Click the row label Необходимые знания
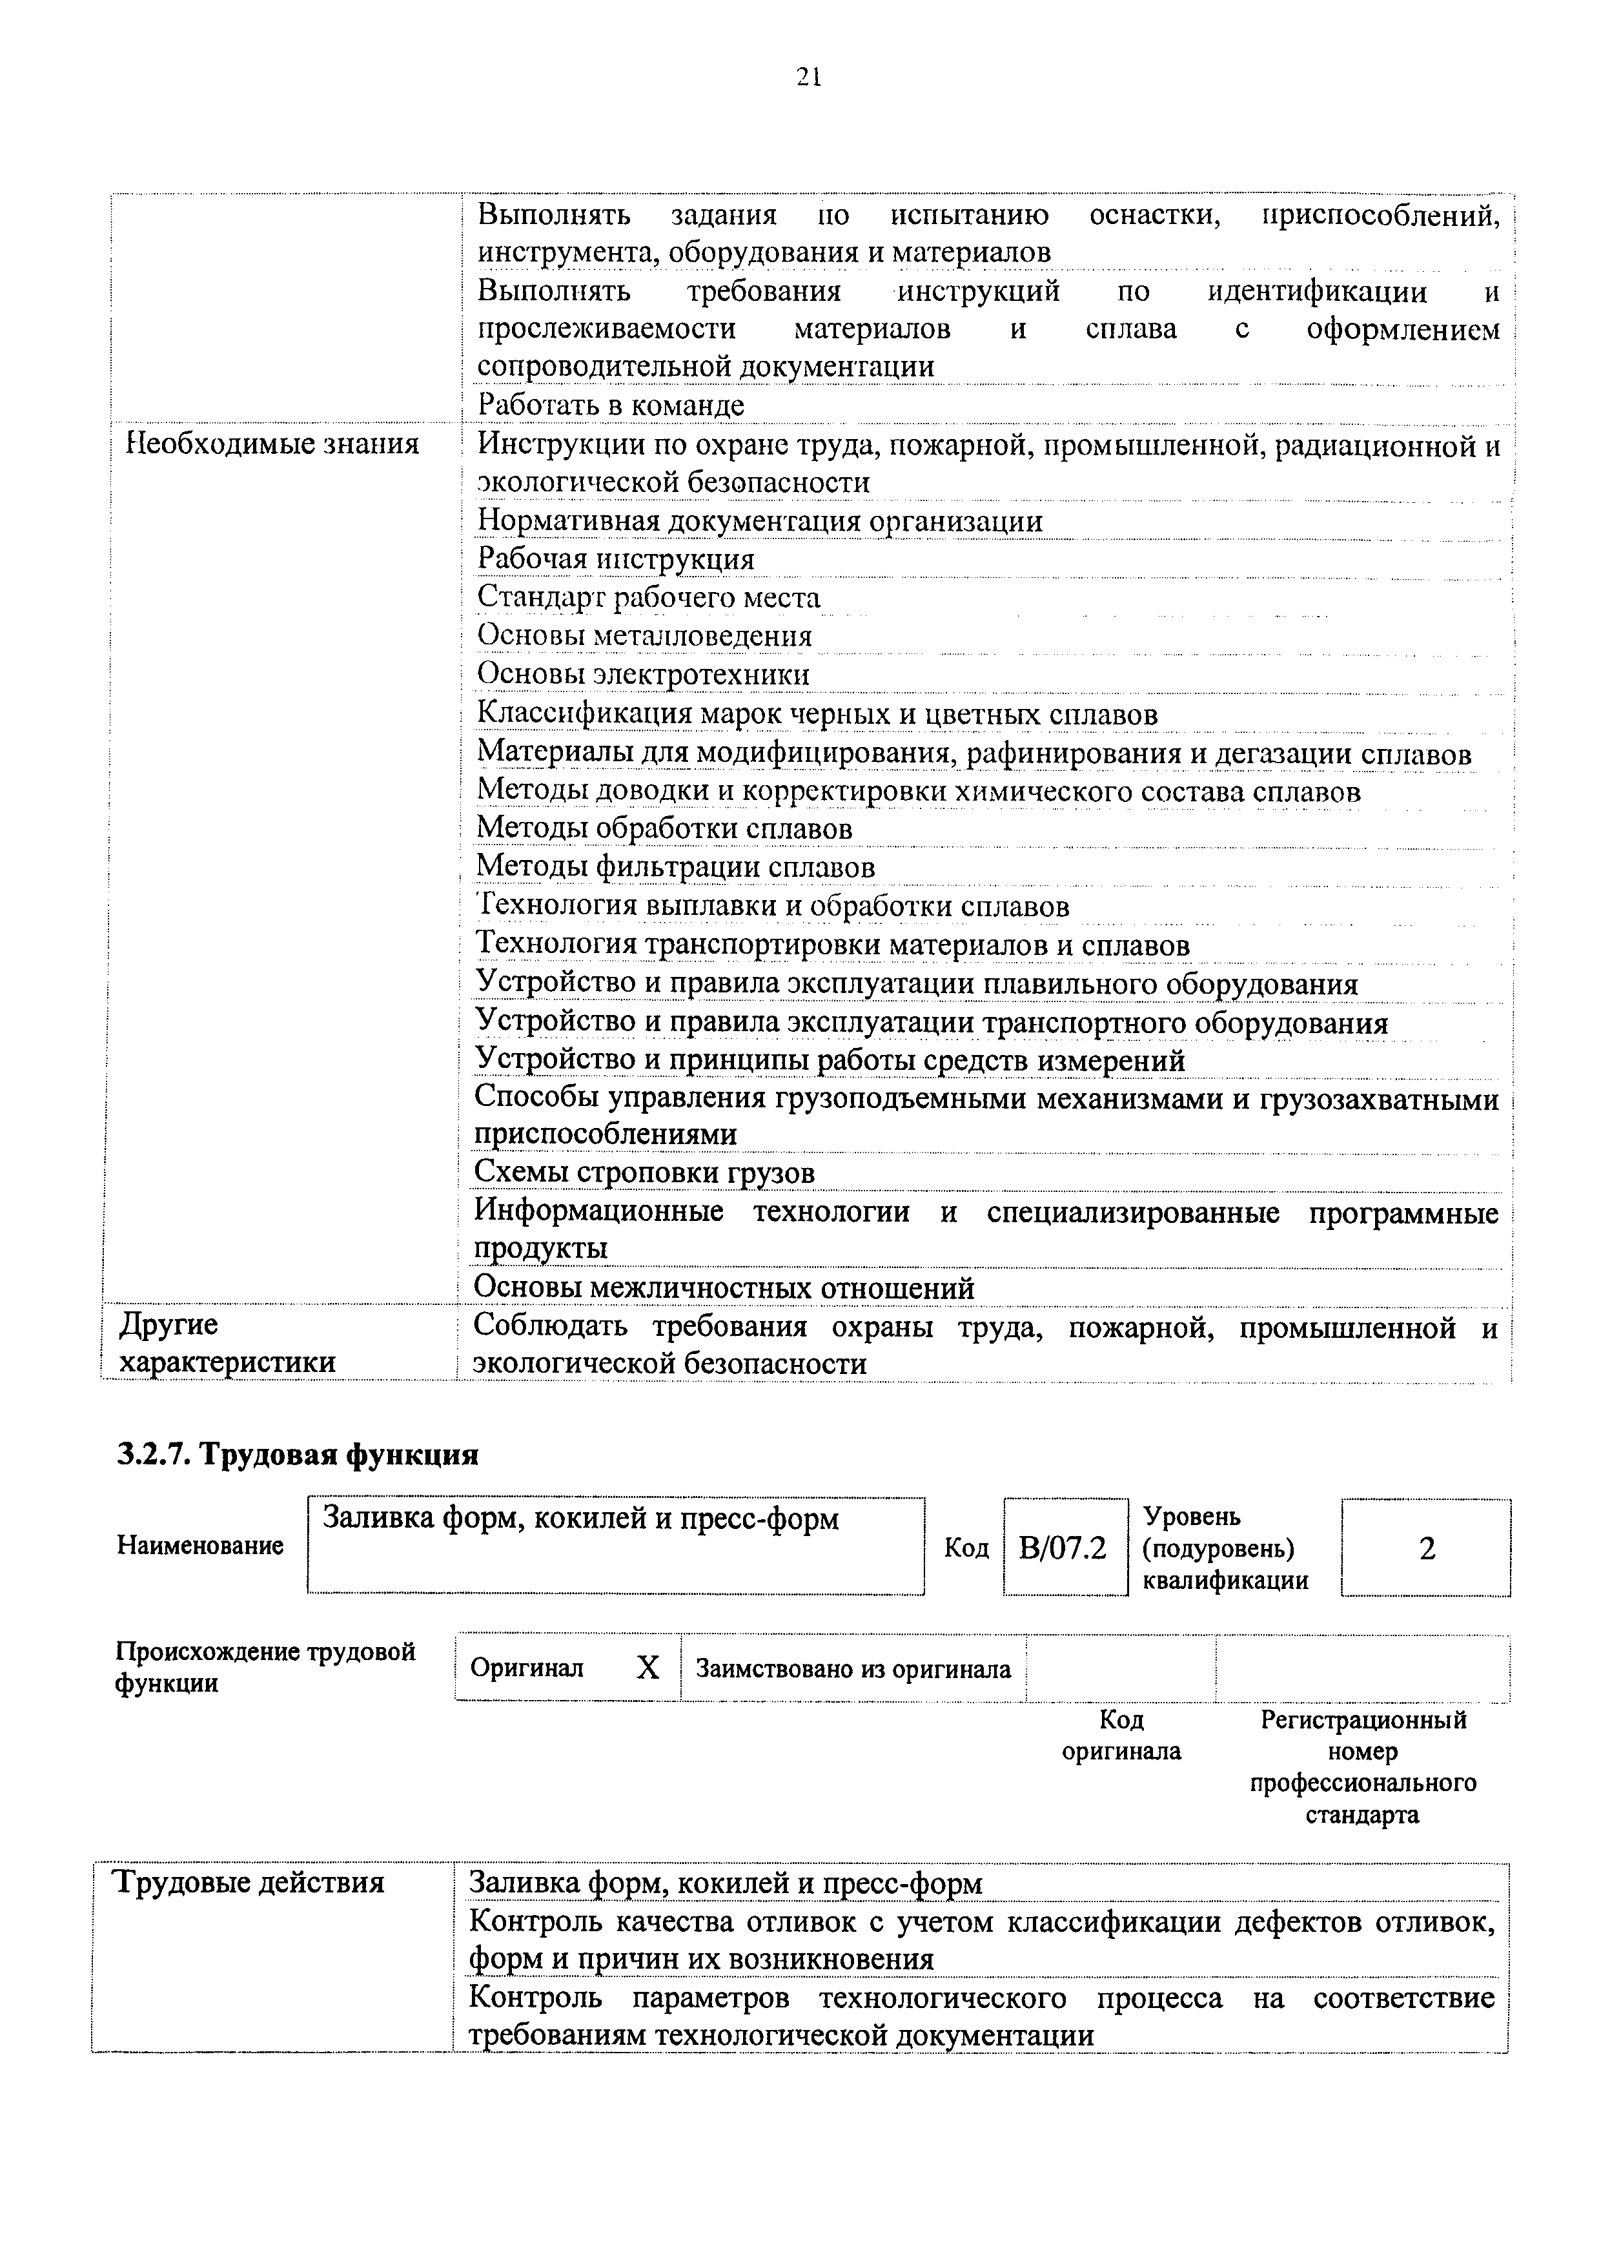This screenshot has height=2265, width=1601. coord(273,444)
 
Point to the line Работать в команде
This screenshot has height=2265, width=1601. coord(611,404)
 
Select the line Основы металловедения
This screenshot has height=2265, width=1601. coord(644,636)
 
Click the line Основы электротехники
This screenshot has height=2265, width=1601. coord(643,675)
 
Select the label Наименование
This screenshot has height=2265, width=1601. coord(200,1545)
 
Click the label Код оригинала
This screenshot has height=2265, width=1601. coord(1121,1736)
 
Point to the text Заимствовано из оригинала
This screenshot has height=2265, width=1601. coord(853,1669)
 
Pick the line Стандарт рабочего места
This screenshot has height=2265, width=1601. coord(648,598)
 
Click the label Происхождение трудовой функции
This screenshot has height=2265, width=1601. coord(265,1667)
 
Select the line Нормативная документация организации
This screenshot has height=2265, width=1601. coord(760,521)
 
